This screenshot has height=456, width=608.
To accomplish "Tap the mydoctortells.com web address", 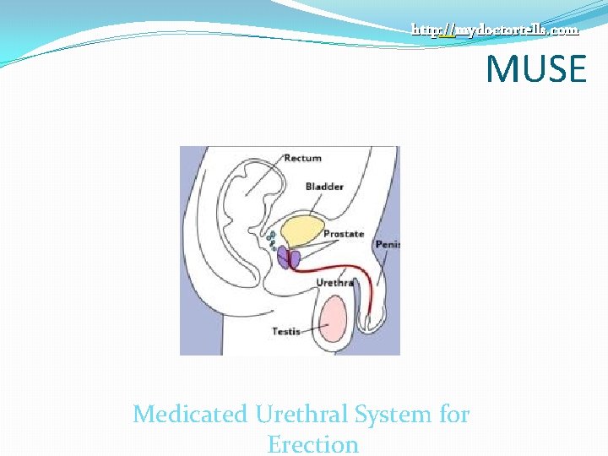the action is [495, 30].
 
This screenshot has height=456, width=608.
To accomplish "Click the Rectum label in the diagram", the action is [302, 158].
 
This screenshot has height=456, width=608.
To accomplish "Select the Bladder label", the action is [324, 187].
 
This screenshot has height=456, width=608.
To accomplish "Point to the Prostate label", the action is [343, 234].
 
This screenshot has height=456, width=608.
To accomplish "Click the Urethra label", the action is [334, 283].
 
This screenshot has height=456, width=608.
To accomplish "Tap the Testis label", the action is [285, 332].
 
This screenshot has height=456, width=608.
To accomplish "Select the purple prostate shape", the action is [287, 258].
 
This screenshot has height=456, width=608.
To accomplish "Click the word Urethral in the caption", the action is [301, 415].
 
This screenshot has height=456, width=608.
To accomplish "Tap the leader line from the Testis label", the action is [312, 329].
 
